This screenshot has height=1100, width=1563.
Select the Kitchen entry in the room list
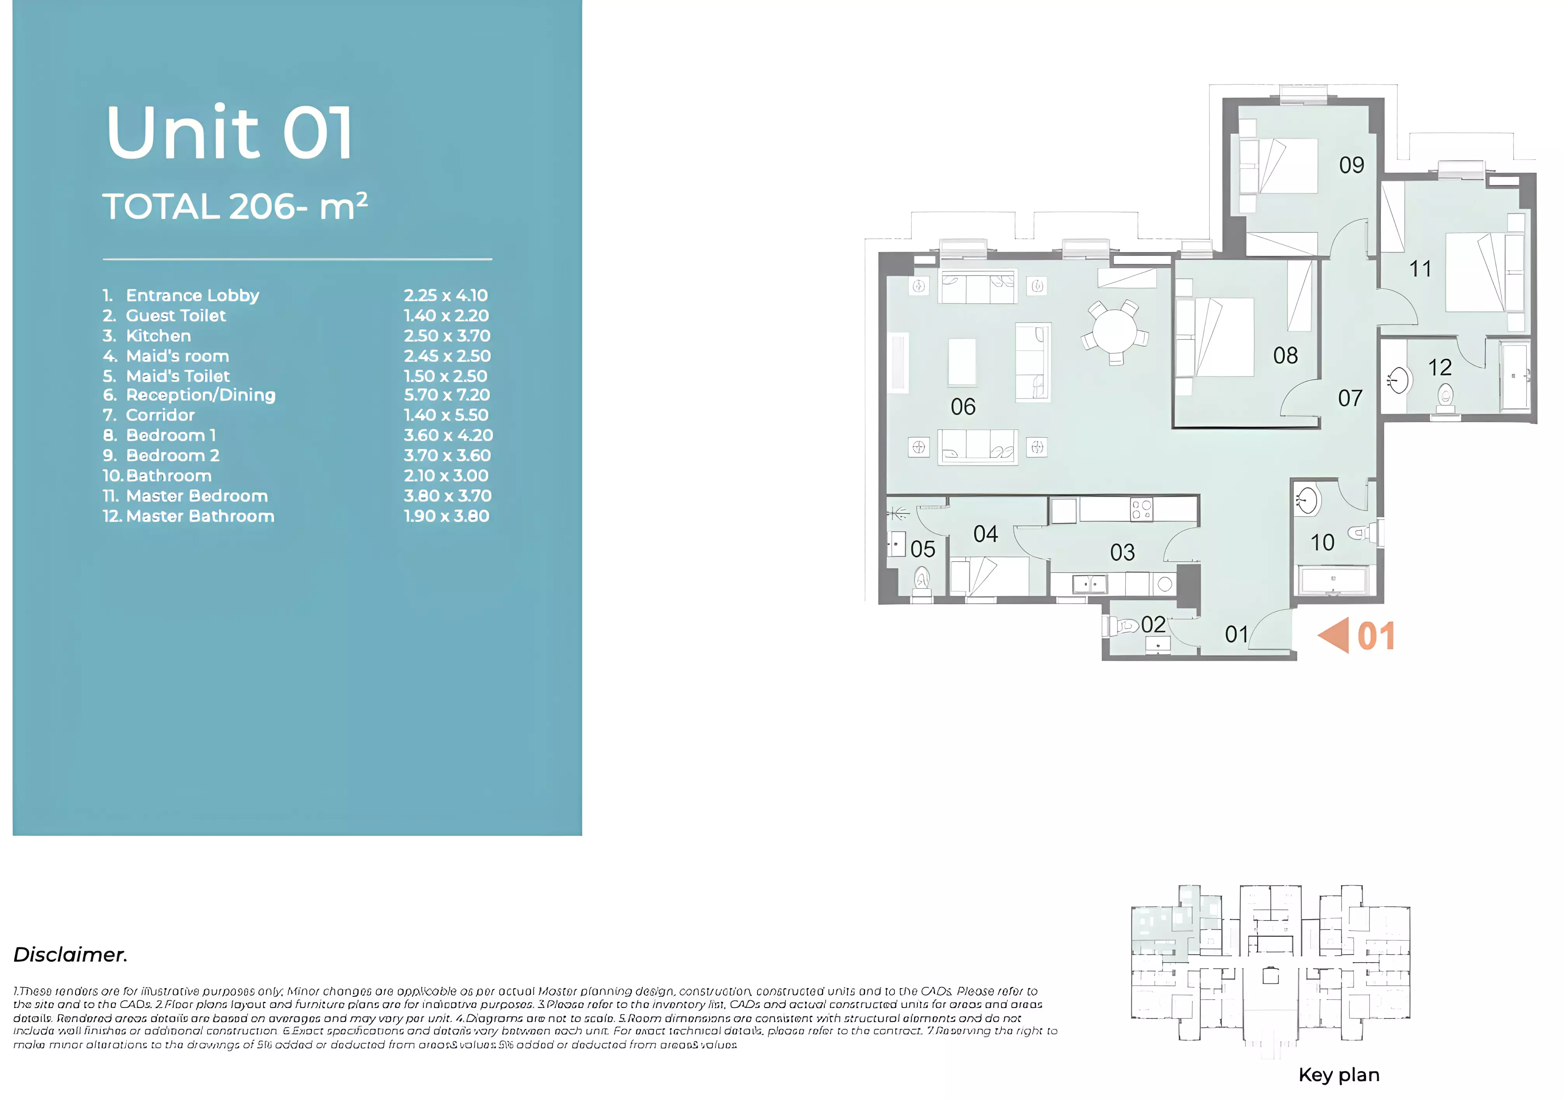[x=158, y=336]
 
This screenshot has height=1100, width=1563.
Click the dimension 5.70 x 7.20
[x=447, y=395]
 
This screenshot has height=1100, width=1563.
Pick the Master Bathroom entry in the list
[x=200, y=516]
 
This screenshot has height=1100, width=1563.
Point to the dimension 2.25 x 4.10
[x=445, y=296]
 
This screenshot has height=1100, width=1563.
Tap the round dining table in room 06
[x=1114, y=331]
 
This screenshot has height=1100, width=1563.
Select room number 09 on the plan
[x=1351, y=165]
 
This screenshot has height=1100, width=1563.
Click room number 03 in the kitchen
[x=1122, y=552]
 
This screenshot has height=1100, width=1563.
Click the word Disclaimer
[x=70, y=954]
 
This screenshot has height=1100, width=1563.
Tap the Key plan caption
[x=1338, y=1075]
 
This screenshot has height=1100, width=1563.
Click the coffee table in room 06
[x=962, y=362]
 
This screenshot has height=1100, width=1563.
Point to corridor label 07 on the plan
[x=1350, y=398]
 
